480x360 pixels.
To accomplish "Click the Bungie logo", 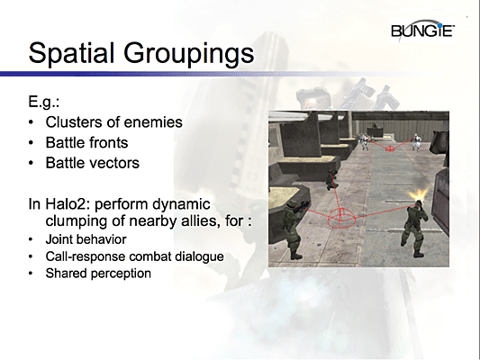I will pos(424,33).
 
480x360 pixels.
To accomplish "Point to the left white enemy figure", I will pos(362,141).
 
